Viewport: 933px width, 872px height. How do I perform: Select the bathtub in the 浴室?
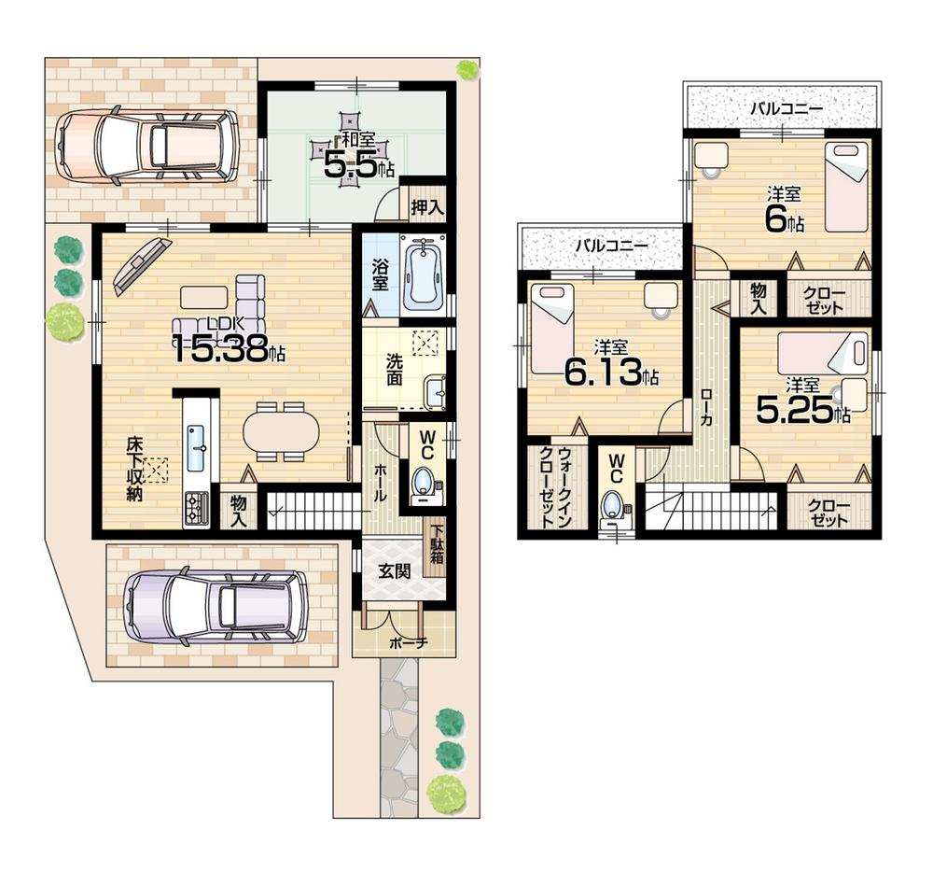point(423,274)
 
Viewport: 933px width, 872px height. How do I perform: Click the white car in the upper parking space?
point(146,145)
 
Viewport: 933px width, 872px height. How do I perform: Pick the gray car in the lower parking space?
point(216,606)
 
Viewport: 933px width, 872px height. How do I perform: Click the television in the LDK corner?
point(143,264)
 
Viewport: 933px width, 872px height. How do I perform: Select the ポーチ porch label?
point(402,642)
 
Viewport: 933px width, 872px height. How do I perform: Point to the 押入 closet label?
point(426,206)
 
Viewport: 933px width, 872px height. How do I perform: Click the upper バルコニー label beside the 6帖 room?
point(787,108)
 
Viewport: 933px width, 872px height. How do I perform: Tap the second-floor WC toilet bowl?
point(614,504)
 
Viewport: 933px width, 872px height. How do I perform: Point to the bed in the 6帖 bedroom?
point(846,188)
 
